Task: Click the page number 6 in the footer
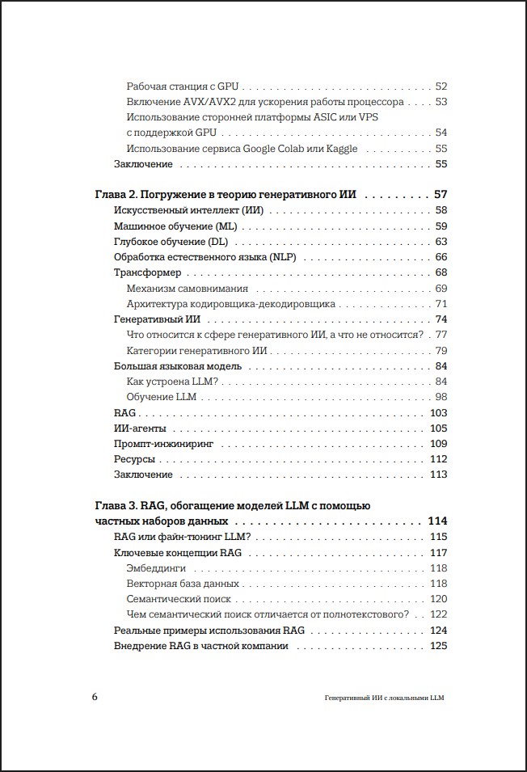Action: (x=95, y=697)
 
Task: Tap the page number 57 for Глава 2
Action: (x=441, y=195)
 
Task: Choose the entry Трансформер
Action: (x=147, y=273)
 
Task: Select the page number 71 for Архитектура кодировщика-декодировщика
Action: (x=441, y=305)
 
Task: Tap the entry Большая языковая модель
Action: (x=178, y=366)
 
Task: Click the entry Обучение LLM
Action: (x=162, y=398)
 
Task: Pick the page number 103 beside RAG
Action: (x=439, y=413)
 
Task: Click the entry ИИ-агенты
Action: (x=139, y=428)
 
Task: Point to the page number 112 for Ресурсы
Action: (x=439, y=459)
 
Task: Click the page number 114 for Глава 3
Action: (x=438, y=521)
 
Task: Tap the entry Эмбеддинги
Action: (x=157, y=568)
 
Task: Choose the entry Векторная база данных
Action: (x=183, y=584)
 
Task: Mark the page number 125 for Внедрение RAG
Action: (x=439, y=646)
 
